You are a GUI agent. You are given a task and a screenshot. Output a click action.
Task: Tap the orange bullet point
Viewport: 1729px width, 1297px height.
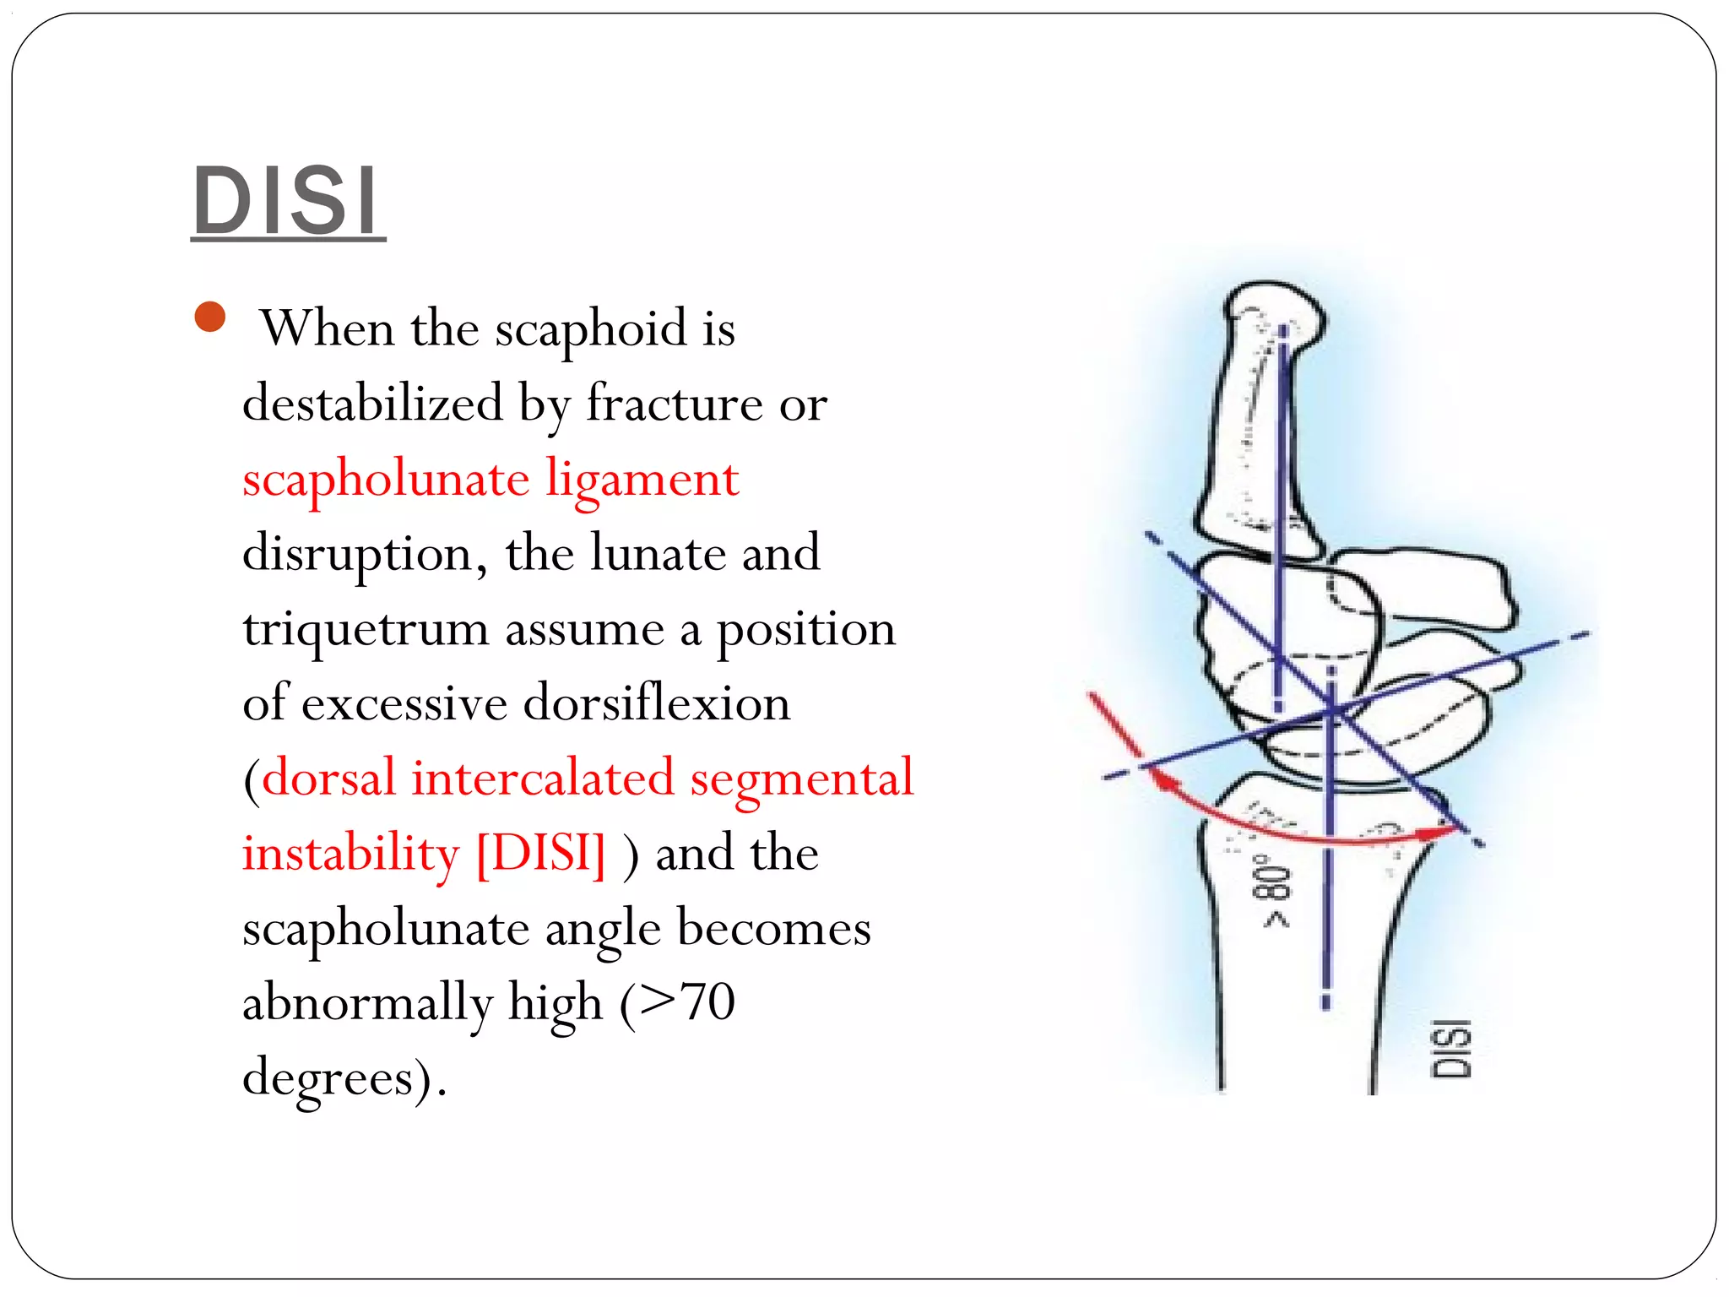pos(210,317)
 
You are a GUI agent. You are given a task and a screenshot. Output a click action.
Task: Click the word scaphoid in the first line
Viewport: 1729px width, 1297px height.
pos(591,328)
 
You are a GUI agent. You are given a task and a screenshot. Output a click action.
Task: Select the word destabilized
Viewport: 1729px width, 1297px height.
pos(372,404)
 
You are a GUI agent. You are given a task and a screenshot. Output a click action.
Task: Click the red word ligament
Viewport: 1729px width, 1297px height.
pos(642,480)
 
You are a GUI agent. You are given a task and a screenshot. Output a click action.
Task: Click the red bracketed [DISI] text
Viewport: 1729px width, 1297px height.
pos(541,853)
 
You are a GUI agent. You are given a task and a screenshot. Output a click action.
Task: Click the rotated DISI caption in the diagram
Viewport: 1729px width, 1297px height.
pos(1451,1049)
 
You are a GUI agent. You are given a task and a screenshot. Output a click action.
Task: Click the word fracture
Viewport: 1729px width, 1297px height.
pos(675,404)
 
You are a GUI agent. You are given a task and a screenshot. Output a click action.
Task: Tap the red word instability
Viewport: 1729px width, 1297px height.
pos(350,853)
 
